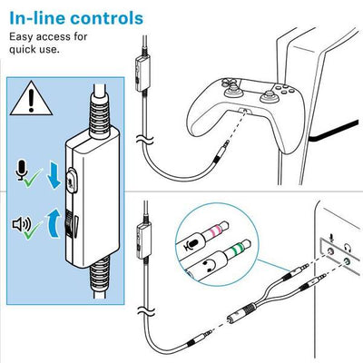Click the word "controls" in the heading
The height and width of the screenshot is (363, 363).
click(107, 18)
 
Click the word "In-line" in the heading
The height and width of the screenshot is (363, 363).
click(38, 18)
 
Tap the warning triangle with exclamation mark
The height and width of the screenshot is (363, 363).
click(31, 98)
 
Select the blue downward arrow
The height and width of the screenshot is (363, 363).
click(54, 175)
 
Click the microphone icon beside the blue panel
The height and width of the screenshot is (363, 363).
click(22, 171)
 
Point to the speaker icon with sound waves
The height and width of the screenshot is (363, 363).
click(22, 224)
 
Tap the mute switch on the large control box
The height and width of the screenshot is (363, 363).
click(72, 181)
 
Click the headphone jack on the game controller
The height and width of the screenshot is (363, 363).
click(243, 111)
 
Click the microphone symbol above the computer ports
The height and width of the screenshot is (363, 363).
click(332, 239)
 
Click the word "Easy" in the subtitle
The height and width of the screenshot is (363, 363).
click(21, 37)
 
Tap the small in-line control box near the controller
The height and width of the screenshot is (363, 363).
click(142, 74)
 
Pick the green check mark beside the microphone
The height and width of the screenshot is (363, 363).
click(33, 177)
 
